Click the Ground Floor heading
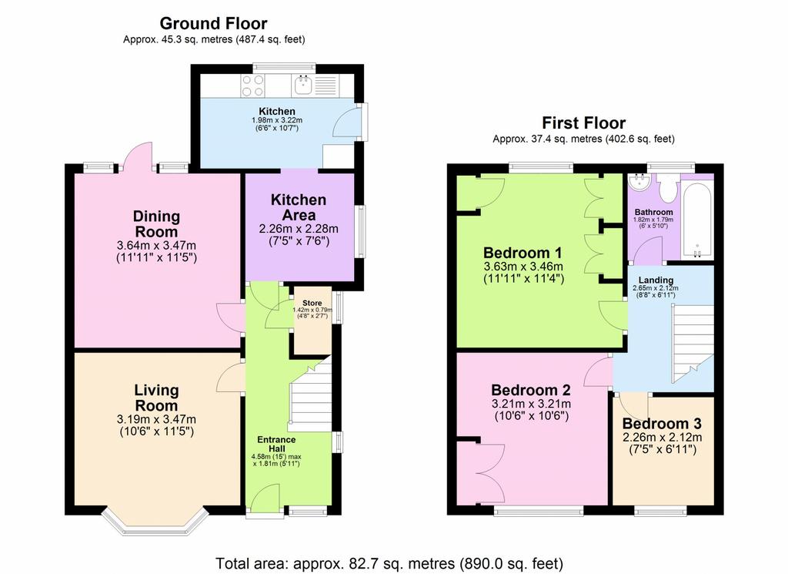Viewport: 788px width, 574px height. click(x=213, y=23)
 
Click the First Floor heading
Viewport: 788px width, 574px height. click(x=583, y=123)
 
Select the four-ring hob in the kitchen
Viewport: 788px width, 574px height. click(x=252, y=86)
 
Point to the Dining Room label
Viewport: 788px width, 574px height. click(x=156, y=224)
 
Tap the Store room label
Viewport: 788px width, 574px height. click(x=312, y=304)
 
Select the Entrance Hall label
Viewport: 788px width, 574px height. click(x=276, y=444)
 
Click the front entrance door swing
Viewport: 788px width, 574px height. click(x=265, y=499)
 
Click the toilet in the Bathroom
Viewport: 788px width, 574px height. click(x=668, y=187)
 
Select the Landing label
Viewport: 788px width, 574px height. click(x=656, y=280)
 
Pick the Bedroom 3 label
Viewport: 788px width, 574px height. click(x=662, y=424)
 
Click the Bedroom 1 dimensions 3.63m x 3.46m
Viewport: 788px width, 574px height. click(x=523, y=267)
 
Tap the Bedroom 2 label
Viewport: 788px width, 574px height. click(x=531, y=390)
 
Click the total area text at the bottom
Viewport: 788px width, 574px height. click(x=389, y=563)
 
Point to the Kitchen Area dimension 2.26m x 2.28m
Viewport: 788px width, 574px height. click(x=299, y=229)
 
